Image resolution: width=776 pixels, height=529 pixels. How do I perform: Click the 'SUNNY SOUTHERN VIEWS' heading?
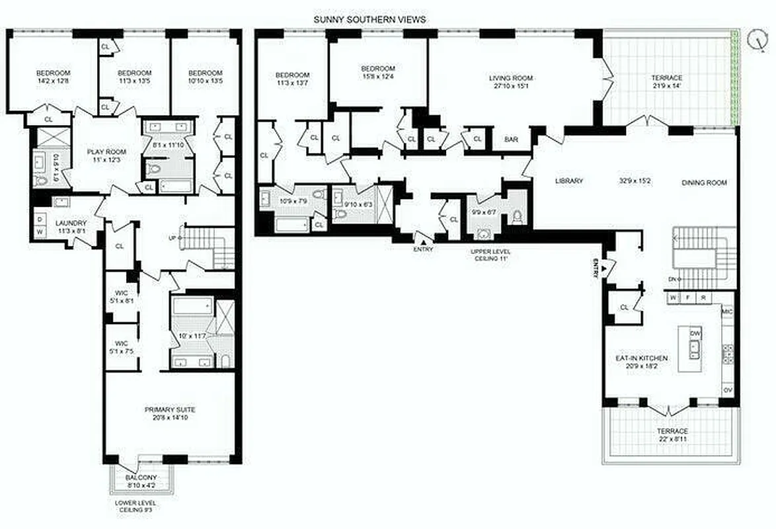[369, 20]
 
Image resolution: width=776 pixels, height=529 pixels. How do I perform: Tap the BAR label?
[511, 140]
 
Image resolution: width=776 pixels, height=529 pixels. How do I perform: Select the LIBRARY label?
[568, 181]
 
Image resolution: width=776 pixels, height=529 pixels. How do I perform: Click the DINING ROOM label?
[704, 183]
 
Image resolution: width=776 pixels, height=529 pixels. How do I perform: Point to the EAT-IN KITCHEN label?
[640, 358]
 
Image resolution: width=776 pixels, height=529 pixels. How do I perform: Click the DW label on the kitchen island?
[695, 334]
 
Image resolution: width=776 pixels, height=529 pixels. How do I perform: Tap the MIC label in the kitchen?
[728, 311]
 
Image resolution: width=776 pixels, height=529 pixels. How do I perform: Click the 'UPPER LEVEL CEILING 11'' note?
[490, 255]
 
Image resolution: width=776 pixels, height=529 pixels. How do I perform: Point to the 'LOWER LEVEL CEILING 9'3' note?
[136, 507]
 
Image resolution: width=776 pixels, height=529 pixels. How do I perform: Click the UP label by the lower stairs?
[172, 237]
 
